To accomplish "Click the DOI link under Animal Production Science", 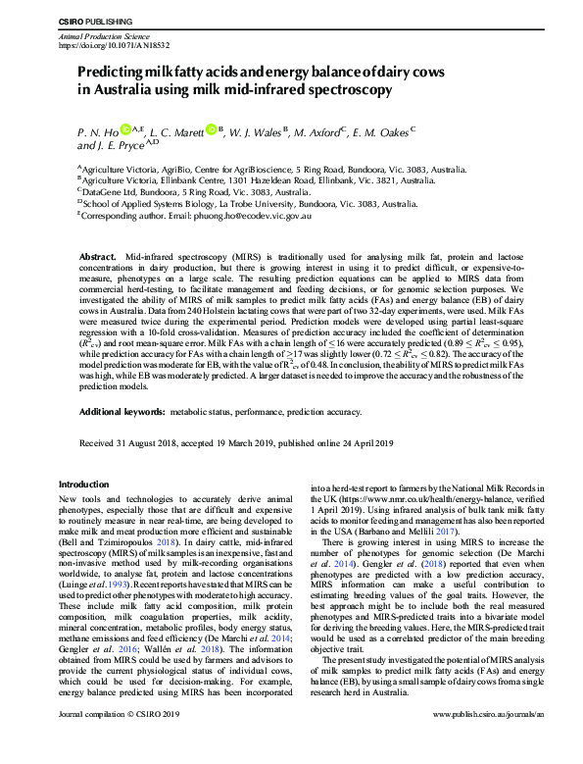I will (x=114, y=45).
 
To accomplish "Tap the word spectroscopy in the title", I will (x=349, y=89).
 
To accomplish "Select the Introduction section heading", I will (x=85, y=484).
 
